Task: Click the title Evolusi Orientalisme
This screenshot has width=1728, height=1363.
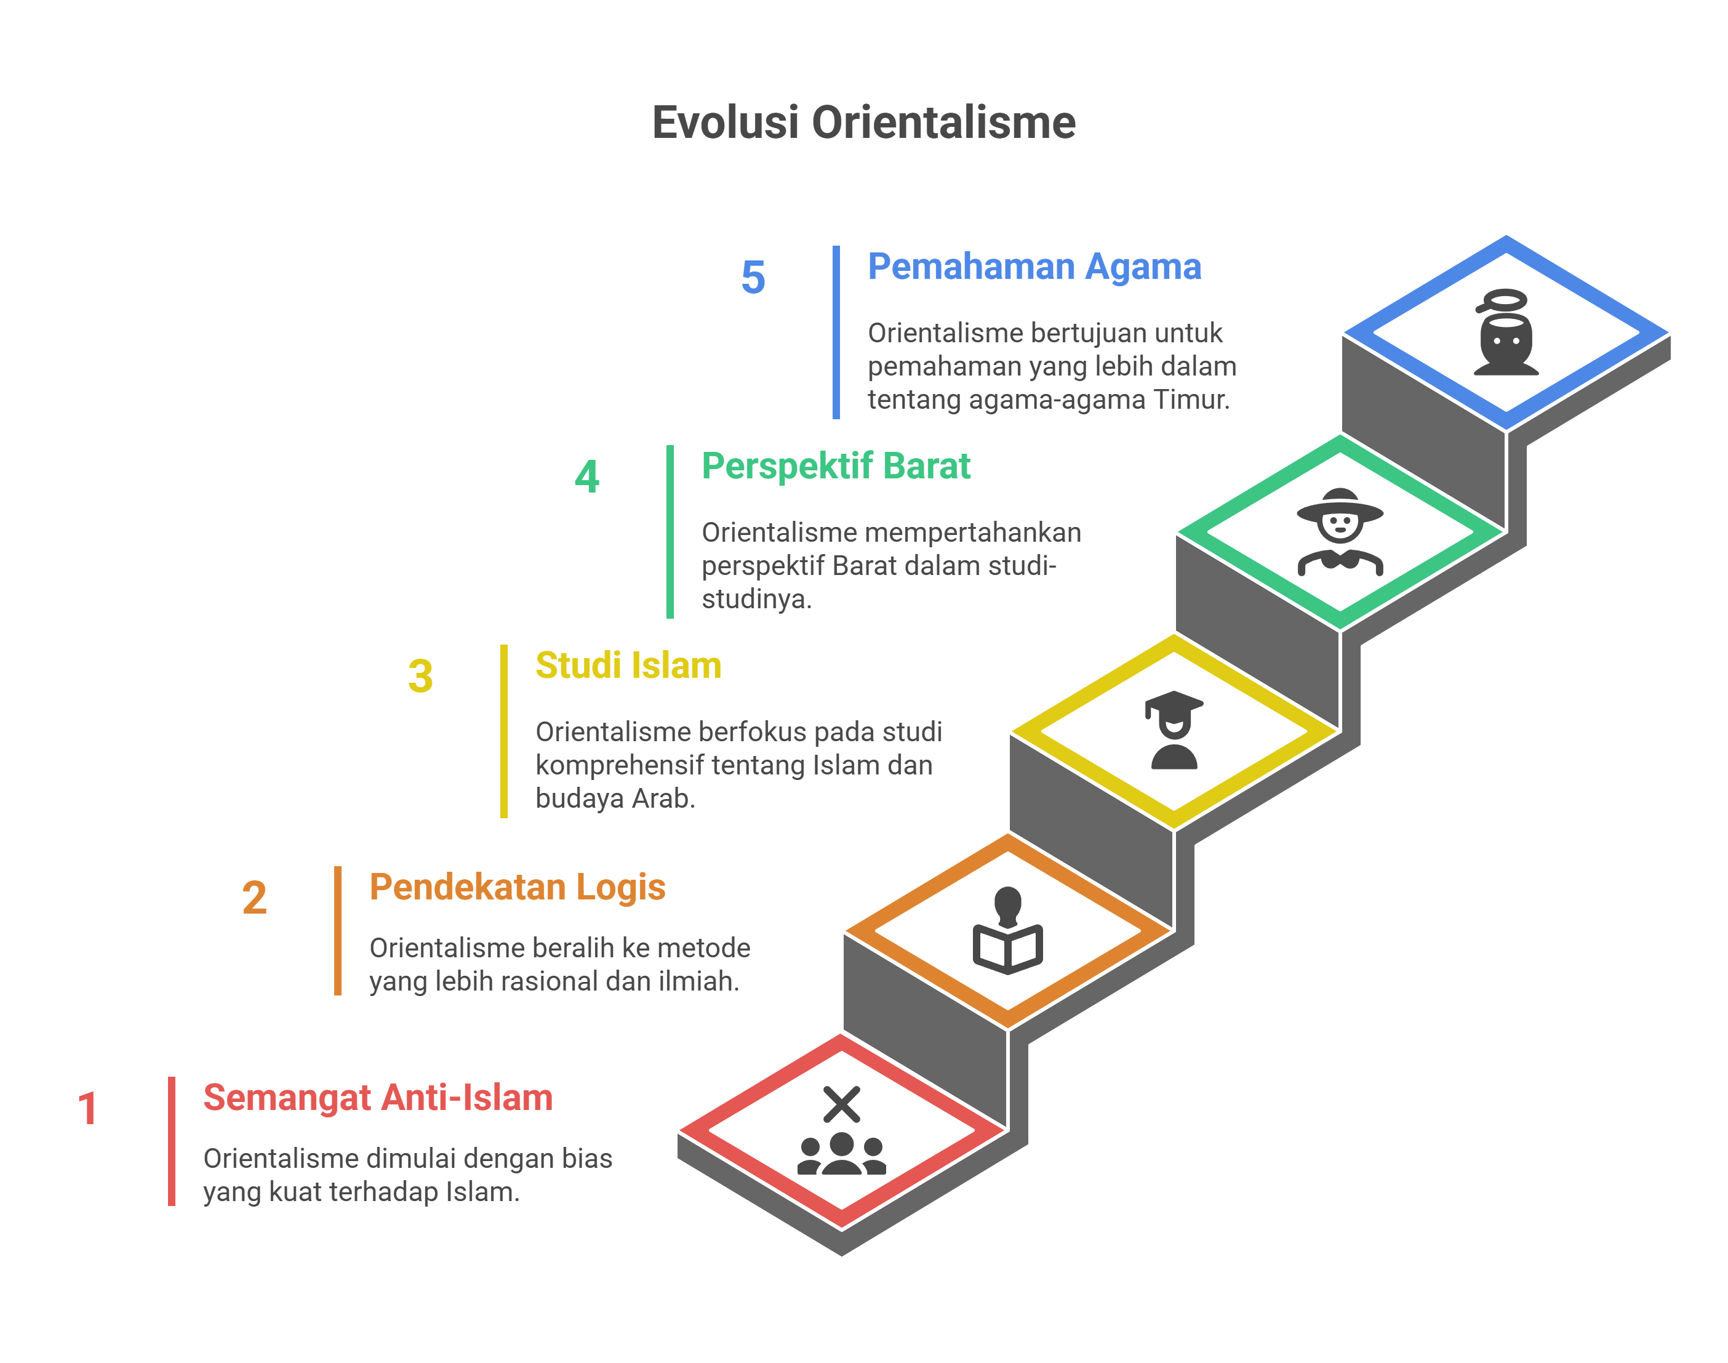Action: pos(863,123)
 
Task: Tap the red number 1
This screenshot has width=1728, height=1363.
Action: pos(88,1108)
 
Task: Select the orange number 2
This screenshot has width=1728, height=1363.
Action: pos(255,898)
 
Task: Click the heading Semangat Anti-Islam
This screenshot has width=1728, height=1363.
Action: pos(378,1097)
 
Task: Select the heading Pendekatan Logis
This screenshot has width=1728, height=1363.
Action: pos(518,887)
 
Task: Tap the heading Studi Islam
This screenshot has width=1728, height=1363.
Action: pos(629,665)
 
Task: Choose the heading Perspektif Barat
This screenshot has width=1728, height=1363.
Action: pos(836,467)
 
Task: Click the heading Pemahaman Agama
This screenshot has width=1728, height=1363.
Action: pos(1034,267)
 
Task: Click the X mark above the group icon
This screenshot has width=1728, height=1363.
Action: pos(842,1104)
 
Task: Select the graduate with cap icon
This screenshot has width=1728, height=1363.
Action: pos(1174,730)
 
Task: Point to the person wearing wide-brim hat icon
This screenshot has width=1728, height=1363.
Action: pos(1340,531)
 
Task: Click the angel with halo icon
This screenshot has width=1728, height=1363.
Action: pos(1505,332)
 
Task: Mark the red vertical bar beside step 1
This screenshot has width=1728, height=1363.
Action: pos(172,1141)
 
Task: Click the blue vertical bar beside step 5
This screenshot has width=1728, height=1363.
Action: pos(836,332)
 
